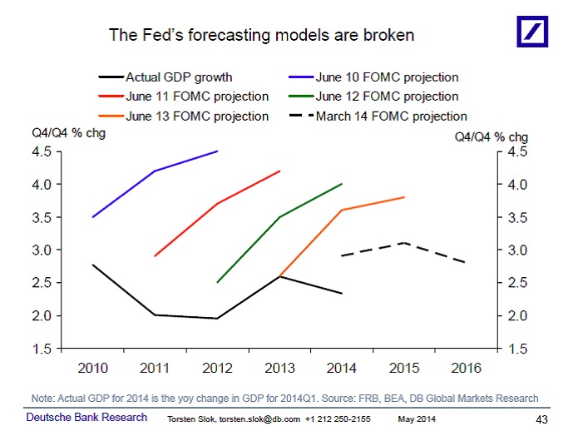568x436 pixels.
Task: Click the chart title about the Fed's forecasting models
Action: click(x=262, y=36)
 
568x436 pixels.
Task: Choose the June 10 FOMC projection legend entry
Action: click(x=386, y=77)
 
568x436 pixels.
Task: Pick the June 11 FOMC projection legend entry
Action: click(x=197, y=97)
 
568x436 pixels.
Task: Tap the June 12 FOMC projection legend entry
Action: click(x=386, y=97)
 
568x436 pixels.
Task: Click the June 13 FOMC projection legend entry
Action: click(x=197, y=116)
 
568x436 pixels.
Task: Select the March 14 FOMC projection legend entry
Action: click(x=391, y=116)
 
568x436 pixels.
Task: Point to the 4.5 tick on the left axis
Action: click(x=42, y=151)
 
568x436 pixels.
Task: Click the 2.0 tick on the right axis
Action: click(x=516, y=315)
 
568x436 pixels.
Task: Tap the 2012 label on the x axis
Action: click(x=217, y=366)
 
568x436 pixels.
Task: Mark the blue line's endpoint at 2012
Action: click(x=217, y=151)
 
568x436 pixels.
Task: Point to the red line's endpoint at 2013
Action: click(x=279, y=171)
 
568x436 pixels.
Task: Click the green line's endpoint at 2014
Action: click(x=342, y=184)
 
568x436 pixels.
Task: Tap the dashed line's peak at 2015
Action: click(x=403, y=243)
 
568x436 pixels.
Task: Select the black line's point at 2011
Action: click(x=155, y=315)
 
